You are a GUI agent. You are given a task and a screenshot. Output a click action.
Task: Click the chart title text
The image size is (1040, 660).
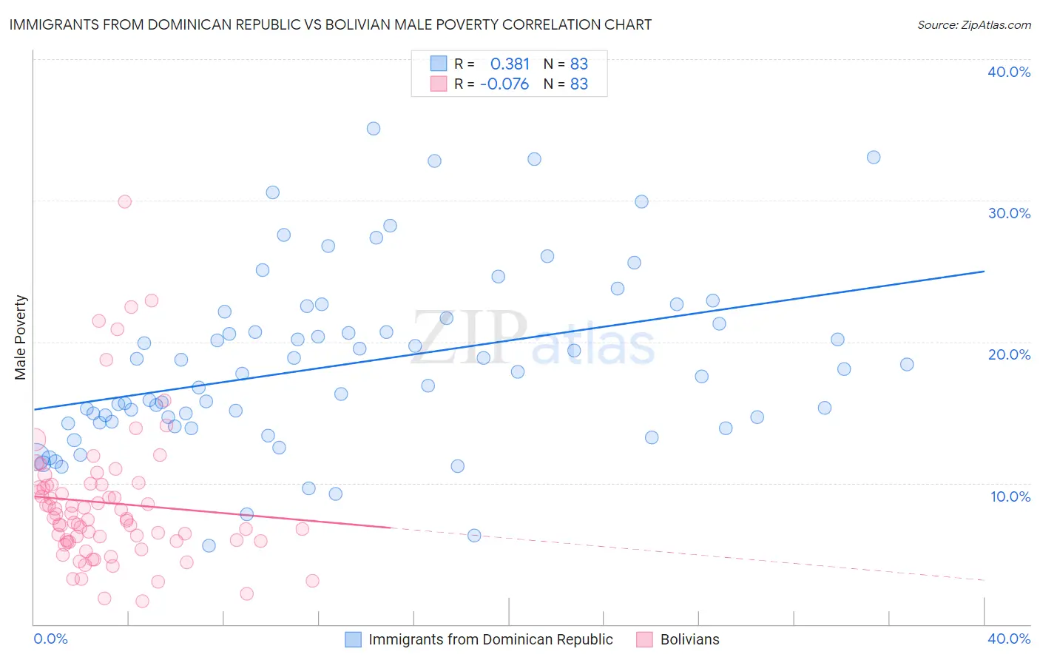tap(330, 24)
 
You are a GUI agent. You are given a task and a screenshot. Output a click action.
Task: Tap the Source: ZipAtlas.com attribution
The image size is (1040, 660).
tap(973, 25)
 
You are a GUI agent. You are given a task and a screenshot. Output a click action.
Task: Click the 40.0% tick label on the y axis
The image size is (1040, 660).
tap(1009, 72)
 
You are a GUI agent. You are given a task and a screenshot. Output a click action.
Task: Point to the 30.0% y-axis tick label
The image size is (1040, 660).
tap(1009, 213)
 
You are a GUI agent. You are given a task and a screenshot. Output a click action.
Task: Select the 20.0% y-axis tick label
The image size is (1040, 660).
tap(1009, 354)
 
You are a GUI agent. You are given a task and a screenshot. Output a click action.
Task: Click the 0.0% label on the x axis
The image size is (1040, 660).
tap(50, 639)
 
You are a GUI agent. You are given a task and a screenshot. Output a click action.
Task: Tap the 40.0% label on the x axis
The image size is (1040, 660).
tap(1009, 639)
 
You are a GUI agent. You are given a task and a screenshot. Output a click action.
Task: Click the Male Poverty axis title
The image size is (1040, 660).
tap(21, 337)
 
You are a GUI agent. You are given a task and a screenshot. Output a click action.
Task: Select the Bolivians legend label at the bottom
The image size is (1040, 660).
tap(689, 639)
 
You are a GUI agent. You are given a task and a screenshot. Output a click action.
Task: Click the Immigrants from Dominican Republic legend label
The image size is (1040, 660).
tap(490, 639)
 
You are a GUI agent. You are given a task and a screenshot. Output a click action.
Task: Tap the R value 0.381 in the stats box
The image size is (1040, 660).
tap(510, 64)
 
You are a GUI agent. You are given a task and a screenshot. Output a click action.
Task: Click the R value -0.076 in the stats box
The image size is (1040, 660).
tap(504, 84)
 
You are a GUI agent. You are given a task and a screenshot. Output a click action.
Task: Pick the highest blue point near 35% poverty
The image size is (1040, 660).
tap(374, 129)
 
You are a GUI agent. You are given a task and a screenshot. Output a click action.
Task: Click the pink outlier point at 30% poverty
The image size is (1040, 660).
tap(125, 201)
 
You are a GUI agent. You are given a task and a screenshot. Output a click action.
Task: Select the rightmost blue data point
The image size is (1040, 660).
tap(907, 364)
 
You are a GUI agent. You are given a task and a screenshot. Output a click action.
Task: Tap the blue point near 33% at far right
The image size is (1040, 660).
tap(874, 157)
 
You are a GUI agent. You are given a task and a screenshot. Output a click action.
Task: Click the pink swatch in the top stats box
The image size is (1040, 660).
tap(439, 84)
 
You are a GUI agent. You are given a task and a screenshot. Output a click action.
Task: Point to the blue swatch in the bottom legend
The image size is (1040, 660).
tap(354, 639)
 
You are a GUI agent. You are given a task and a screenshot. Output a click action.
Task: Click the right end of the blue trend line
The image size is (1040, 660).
tap(984, 272)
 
